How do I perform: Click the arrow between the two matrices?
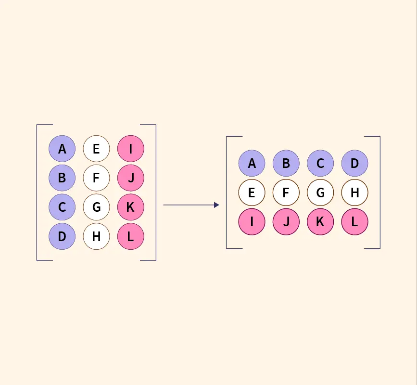[191, 205]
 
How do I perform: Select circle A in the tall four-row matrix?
[62, 149]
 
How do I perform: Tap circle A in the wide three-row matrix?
[252, 163]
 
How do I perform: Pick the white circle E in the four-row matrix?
[96, 149]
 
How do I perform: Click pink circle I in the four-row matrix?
[130, 149]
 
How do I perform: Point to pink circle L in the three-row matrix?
[354, 222]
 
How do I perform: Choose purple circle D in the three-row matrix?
[354, 163]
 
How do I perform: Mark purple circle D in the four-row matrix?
[62, 236]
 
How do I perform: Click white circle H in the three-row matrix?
[354, 192]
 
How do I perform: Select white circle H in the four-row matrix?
[96, 236]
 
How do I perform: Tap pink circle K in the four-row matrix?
[130, 207]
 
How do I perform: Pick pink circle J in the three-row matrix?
[286, 222]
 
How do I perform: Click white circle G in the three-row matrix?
[320, 192]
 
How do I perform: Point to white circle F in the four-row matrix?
[96, 178]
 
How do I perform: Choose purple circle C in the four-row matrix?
[62, 207]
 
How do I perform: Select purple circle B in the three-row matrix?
[286, 163]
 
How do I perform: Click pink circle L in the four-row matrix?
[130, 236]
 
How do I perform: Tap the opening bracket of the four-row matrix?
[38, 192]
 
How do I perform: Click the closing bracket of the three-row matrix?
[379, 192]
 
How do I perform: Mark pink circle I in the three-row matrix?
[252, 222]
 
